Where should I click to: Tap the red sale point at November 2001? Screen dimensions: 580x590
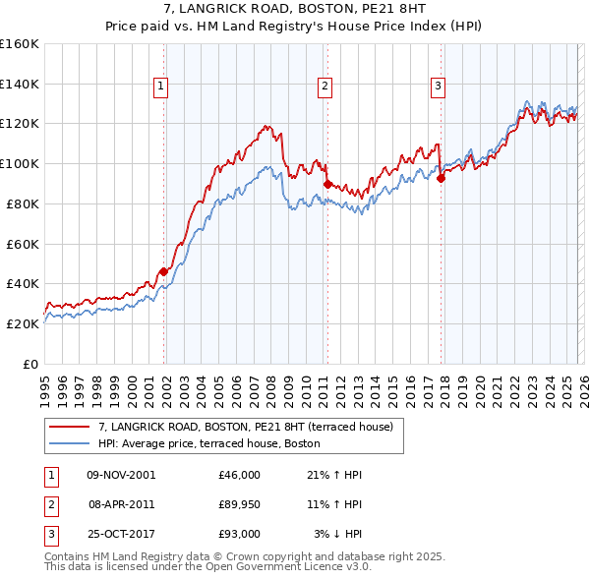163,271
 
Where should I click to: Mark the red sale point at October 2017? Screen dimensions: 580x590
442,177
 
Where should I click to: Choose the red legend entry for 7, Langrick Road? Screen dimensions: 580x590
245,427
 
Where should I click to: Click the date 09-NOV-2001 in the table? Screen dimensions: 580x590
121,475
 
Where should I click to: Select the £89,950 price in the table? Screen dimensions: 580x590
240,504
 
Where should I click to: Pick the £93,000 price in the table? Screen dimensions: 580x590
240,534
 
